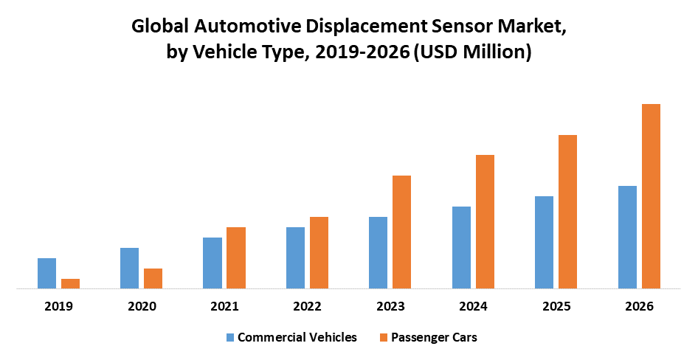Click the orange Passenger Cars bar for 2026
(x=651, y=196)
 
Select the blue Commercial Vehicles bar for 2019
(x=46, y=273)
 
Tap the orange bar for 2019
(x=70, y=283)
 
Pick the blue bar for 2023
(x=378, y=252)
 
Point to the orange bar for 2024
(x=485, y=221)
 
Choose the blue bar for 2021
(x=212, y=263)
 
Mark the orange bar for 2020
(x=153, y=278)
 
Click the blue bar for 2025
(x=544, y=242)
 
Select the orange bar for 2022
(x=319, y=252)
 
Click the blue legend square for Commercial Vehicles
(x=230, y=338)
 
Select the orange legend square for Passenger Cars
(x=383, y=338)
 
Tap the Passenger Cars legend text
(x=434, y=337)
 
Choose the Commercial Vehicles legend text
(x=297, y=337)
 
